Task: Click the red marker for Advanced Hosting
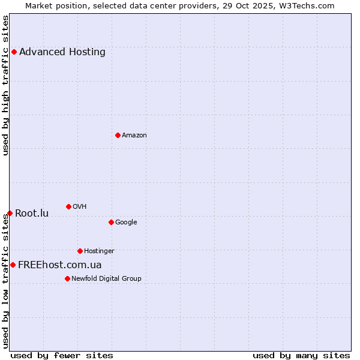point(14,52)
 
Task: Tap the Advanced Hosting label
point(62,52)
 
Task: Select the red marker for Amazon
point(118,135)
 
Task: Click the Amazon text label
point(134,135)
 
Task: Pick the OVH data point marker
point(68,206)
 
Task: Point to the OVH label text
point(80,206)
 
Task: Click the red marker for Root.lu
point(10,213)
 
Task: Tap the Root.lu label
point(32,213)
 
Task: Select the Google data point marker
point(111,222)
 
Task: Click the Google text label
point(126,222)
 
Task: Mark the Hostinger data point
point(80,251)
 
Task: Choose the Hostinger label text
point(99,251)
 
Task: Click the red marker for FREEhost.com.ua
point(13,265)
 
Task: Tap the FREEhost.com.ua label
point(60,265)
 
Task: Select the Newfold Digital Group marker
point(67,278)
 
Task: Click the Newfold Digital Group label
point(106,278)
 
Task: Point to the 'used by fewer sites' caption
point(62,355)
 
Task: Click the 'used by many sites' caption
point(301,355)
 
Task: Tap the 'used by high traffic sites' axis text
point(5,85)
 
